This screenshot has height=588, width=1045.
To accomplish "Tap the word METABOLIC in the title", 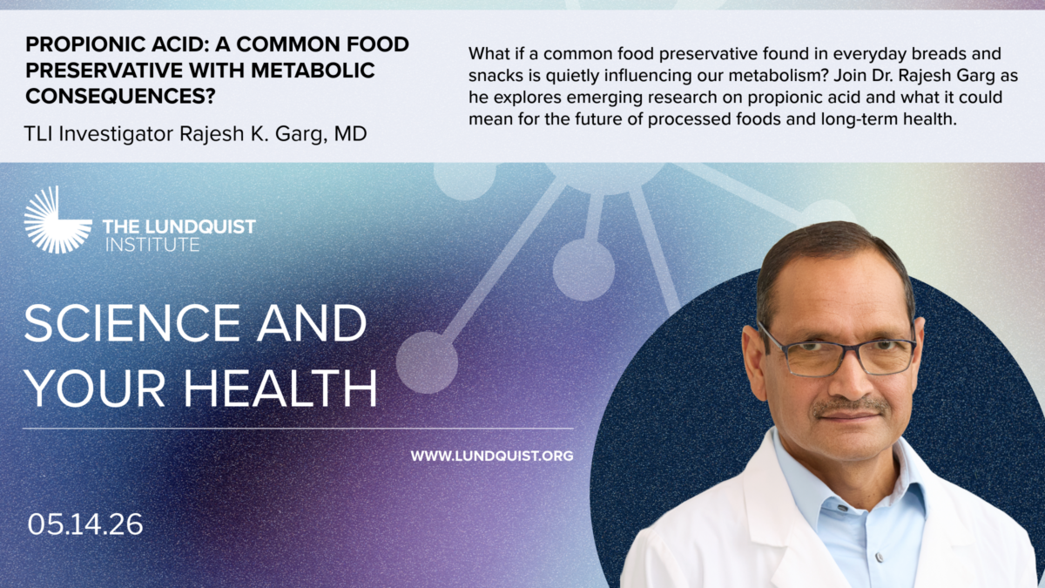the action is point(313,71).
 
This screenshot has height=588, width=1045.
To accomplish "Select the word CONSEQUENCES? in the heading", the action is point(120,96).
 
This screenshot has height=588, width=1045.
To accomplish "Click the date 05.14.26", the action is point(85,524).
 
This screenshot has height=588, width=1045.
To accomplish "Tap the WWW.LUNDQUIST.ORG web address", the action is point(492,456).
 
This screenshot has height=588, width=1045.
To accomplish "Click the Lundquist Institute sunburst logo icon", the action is point(57,220).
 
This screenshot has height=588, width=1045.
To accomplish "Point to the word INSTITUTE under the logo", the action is point(152,245).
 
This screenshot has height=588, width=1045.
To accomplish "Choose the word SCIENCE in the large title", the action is point(132,322).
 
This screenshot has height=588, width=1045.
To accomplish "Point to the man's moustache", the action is point(851,408).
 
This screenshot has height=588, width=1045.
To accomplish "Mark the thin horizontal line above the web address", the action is point(298,428).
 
